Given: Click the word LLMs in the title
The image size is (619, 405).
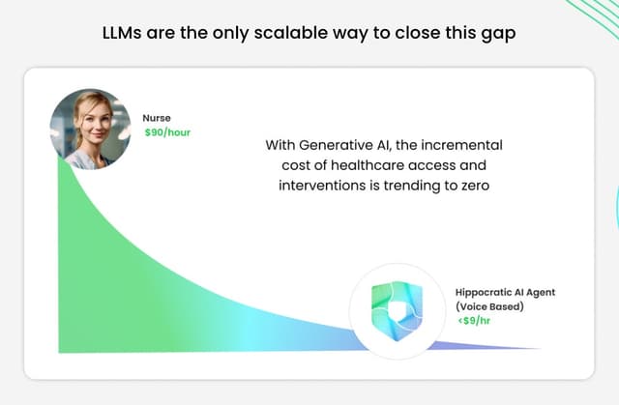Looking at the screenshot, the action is tap(122, 33).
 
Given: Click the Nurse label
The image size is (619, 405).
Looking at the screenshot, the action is tap(157, 118).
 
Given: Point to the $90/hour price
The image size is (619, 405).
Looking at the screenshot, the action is tap(167, 132).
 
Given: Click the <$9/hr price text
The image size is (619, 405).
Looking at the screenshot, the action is tap(474, 321).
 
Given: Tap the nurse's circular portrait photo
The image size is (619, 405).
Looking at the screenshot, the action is tap(90, 129).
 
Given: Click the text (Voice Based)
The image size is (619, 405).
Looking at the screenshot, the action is tap(489, 306).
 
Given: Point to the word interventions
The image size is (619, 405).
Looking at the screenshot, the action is tap(322, 186).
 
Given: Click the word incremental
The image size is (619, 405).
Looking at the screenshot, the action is tap(462, 145).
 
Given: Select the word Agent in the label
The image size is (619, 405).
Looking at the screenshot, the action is tap(541, 293).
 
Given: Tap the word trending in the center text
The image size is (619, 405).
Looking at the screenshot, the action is tap(411, 186).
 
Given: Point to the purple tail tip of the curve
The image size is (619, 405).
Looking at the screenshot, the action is tap(540, 349).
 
